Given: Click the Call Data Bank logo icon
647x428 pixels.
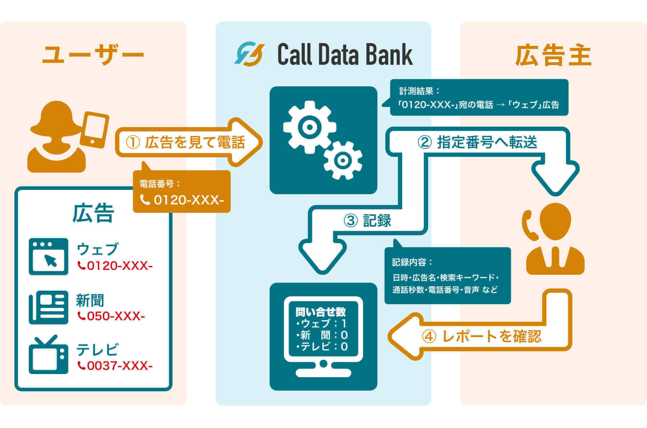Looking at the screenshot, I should (249, 54).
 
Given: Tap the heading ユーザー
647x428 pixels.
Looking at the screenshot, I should (93, 55).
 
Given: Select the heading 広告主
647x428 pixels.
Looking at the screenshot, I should (553, 55).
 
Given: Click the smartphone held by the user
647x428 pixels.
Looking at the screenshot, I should (95, 130).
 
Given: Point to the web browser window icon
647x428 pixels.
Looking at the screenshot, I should (49, 256).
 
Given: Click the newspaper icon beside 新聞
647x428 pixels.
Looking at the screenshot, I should (49, 307).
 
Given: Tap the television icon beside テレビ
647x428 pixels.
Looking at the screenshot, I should (49, 355).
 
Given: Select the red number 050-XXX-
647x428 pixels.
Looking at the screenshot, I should (111, 316).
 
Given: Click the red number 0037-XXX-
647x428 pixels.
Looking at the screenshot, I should (115, 366).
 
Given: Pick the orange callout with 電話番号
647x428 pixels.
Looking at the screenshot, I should (182, 192).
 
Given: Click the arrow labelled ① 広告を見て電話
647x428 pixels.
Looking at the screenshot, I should (187, 142).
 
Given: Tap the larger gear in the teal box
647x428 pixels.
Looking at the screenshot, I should (309, 127).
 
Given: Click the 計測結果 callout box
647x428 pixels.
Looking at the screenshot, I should (479, 97).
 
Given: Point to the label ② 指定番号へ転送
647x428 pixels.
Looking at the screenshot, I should (477, 142).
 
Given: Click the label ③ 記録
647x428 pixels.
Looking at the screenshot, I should (368, 220).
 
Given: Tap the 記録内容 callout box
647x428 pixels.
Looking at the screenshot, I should (448, 276).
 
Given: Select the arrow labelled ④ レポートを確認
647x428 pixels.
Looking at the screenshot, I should (482, 337).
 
